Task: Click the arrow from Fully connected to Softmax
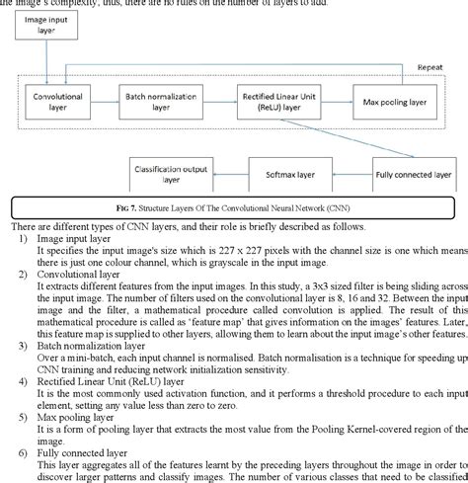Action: coord(355,176)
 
